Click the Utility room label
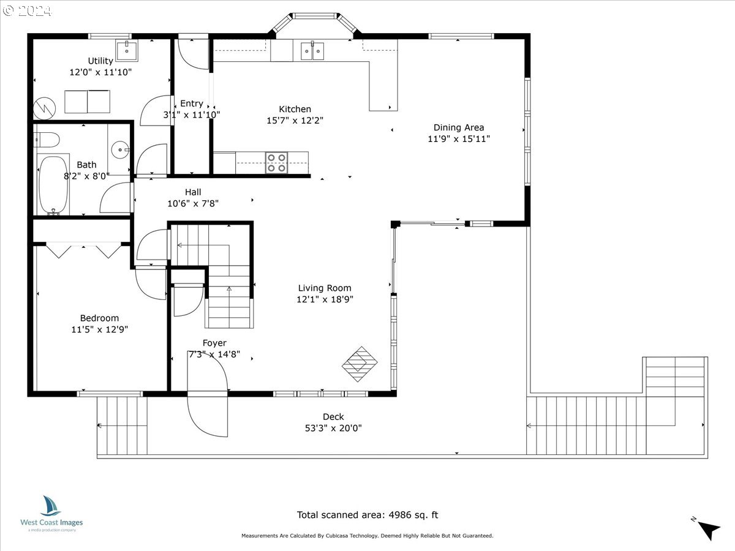100,61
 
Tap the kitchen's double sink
312,51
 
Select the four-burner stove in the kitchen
277,163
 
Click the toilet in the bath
47,140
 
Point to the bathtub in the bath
53,185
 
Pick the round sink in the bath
119,149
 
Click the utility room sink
127,51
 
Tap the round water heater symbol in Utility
44,108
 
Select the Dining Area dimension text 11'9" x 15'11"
459,139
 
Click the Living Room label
325,288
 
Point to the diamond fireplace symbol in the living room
360,364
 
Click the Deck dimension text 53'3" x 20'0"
334,428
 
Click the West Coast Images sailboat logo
50,506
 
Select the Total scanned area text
367,515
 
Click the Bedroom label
99,318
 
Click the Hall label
193,192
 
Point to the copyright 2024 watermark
28,10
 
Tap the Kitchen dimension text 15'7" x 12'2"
295,121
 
